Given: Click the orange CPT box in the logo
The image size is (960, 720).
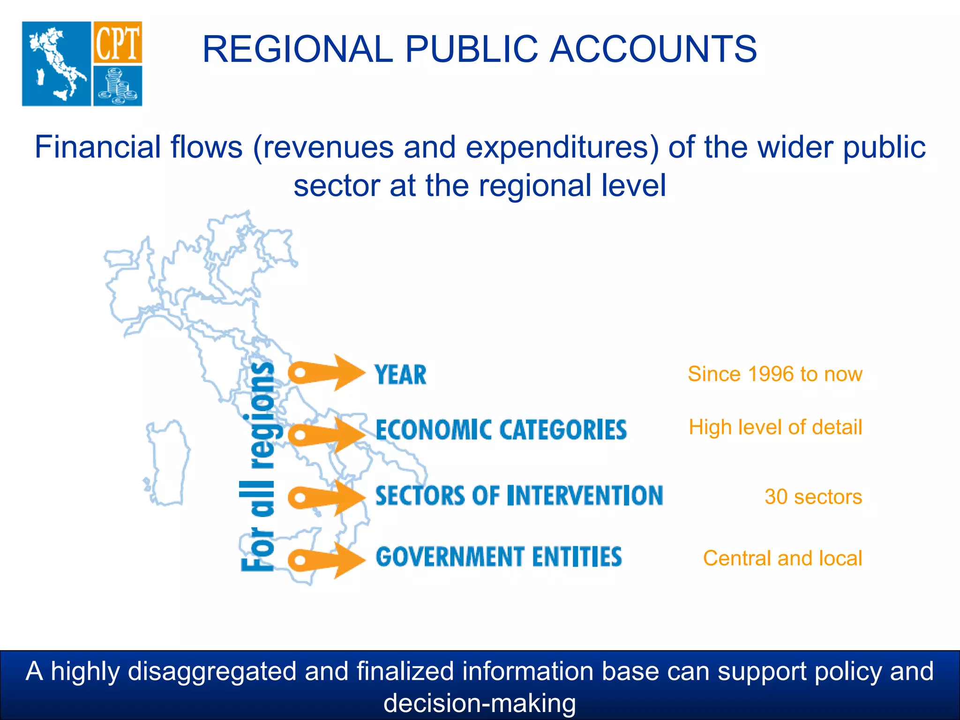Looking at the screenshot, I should pos(117,42).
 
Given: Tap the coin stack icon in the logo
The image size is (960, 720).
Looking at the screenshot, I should pos(117,86).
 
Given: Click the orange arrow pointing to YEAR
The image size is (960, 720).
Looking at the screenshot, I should pos(327,373).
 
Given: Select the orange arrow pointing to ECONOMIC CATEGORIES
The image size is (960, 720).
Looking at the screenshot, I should pos(327,435).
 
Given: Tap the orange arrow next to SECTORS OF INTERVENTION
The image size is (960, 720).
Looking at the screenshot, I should pos(327,497).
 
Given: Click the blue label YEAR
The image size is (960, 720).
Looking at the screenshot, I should pos(400,375).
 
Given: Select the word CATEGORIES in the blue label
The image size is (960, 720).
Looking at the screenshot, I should pos(562,430).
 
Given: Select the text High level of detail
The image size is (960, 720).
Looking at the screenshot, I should pos(775,427).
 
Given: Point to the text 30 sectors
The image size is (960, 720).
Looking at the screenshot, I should pos(813,497).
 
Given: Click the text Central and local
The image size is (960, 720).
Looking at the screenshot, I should pos(782,558).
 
